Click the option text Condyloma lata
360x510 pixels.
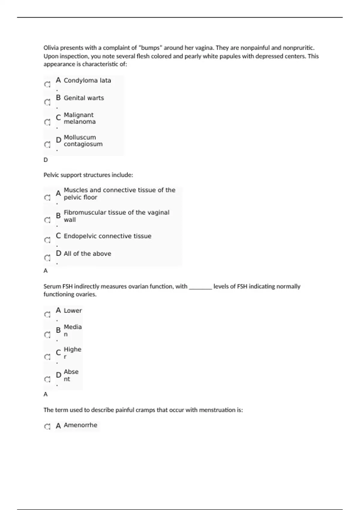click(x=87, y=80)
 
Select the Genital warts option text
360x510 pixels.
click(x=84, y=98)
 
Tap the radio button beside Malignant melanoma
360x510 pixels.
click(x=47, y=122)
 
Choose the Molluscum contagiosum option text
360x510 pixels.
click(x=83, y=141)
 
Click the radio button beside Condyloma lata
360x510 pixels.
click(x=47, y=85)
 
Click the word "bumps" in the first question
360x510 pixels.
click(x=150, y=48)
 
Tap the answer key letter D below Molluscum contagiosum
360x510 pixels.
click(x=46, y=160)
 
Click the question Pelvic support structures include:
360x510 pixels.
click(x=88, y=175)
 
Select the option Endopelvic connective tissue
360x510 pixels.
click(x=107, y=236)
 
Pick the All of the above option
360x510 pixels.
click(x=87, y=253)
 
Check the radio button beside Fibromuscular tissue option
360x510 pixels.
click(x=47, y=220)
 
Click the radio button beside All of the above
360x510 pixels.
click(x=47, y=258)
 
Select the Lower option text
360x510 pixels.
click(x=73, y=310)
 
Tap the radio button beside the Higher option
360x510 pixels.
click(x=47, y=357)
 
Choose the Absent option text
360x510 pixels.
click(x=71, y=375)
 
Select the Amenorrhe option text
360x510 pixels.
click(x=80, y=425)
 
